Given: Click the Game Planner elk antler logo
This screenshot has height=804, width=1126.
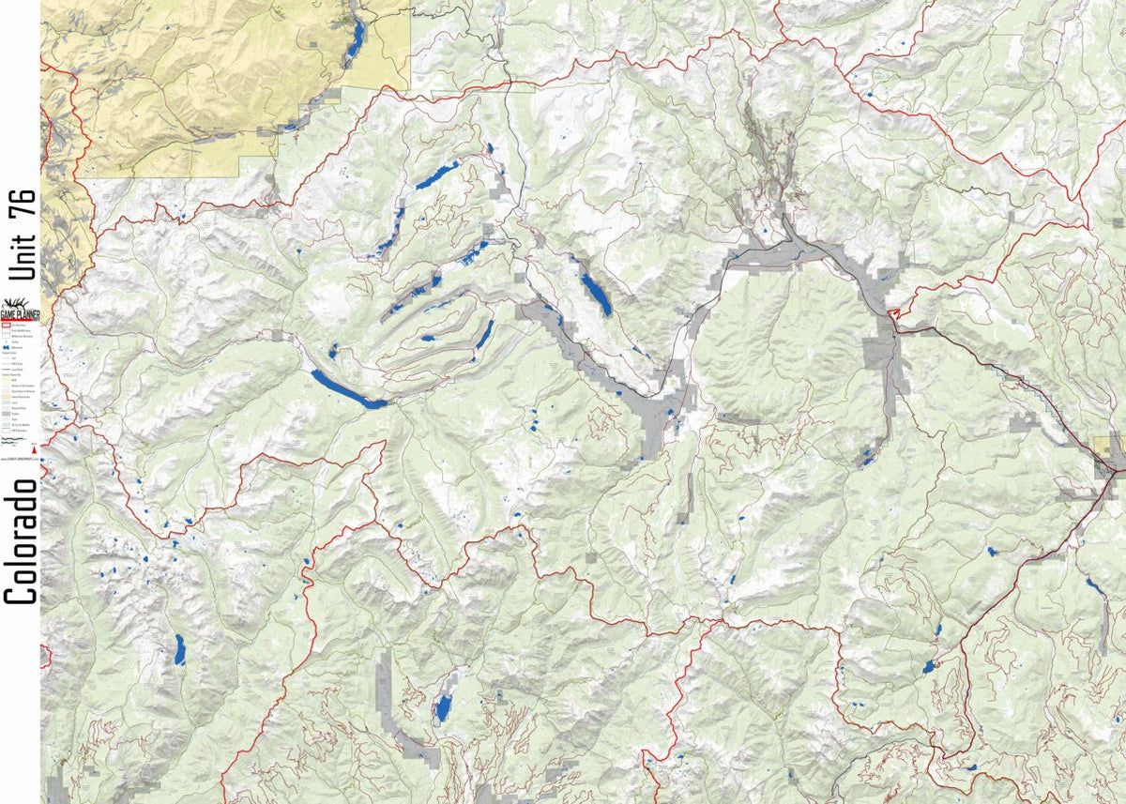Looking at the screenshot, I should [x=21, y=307].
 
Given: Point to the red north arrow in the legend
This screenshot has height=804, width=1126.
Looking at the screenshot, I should [x=35, y=452].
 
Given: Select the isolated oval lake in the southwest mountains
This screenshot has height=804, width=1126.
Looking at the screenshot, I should [x=178, y=649].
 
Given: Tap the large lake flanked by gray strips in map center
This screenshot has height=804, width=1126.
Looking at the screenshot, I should [x=595, y=294].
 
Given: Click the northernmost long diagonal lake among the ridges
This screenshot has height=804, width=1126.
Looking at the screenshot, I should [x=436, y=174].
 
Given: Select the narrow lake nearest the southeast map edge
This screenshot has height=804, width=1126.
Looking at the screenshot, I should [x=1094, y=588].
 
